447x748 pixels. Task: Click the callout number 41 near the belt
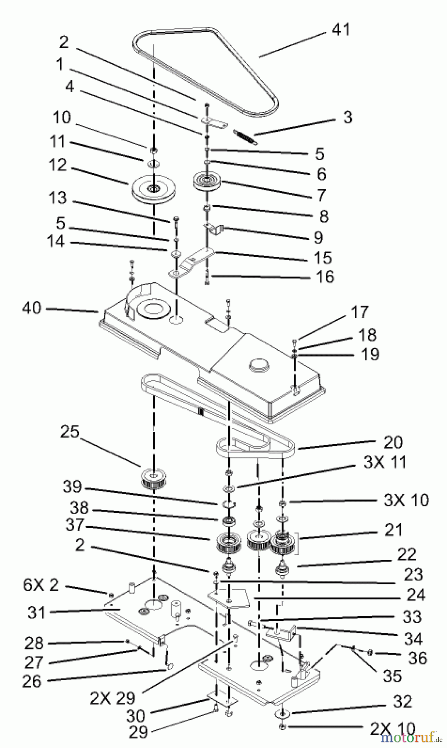click(341, 30)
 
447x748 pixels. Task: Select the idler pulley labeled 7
click(207, 182)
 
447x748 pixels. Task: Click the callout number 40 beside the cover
click(32, 308)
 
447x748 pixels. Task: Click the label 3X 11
click(384, 462)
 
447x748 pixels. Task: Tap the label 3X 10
click(406, 500)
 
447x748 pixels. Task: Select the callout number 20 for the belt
click(393, 442)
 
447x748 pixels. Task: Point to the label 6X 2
click(41, 585)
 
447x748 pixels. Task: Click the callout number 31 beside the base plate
click(37, 612)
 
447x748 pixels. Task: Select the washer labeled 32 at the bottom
click(282, 714)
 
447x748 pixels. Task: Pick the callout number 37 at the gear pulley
click(75, 525)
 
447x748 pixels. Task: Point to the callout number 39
click(72, 487)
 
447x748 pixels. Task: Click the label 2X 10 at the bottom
click(392, 728)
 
